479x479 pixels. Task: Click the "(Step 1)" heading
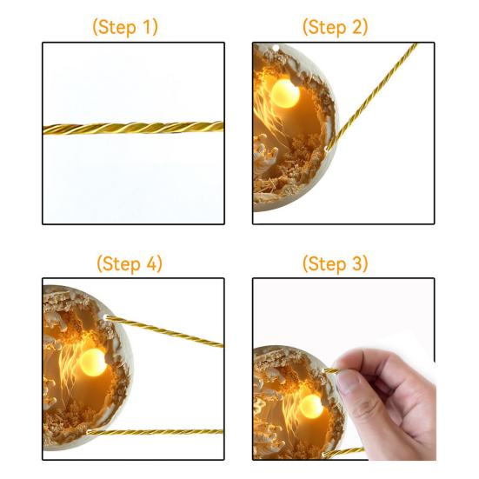pyautogui.click(x=125, y=27)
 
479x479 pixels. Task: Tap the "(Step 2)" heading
pyautogui.click(x=335, y=27)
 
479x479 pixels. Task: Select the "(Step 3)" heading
pyautogui.click(x=335, y=263)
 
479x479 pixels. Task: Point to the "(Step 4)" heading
pyautogui.click(x=130, y=263)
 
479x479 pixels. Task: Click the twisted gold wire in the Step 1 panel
pyautogui.click(x=134, y=128)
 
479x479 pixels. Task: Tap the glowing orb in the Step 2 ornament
pyautogui.click(x=285, y=94)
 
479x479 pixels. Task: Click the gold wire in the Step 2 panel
pyautogui.click(x=372, y=97)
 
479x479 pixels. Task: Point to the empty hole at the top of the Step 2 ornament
pyautogui.click(x=276, y=49)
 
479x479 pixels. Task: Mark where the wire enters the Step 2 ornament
pyautogui.click(x=327, y=150)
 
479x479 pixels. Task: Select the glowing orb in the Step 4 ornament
pyautogui.click(x=93, y=363)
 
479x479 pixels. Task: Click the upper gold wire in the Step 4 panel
pyautogui.click(x=164, y=332)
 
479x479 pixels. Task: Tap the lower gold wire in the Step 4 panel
pyautogui.click(x=156, y=432)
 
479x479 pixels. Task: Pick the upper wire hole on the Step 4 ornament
pyautogui.click(x=106, y=317)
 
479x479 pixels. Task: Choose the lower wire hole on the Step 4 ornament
pyautogui.click(x=89, y=432)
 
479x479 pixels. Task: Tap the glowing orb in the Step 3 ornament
pyautogui.click(x=311, y=407)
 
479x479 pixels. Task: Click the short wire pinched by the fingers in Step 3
pyautogui.click(x=331, y=371)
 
